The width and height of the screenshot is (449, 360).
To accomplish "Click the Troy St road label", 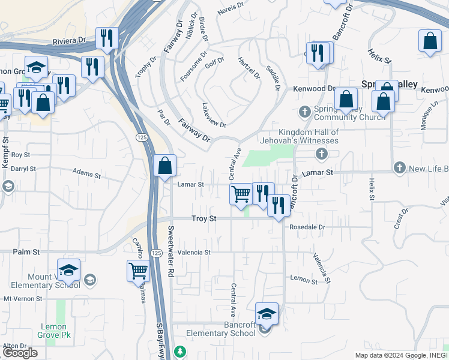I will coord(203,219).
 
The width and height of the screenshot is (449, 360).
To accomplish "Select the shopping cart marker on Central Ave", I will coord(241,194).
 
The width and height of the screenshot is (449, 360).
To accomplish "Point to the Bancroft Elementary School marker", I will coord(267,314).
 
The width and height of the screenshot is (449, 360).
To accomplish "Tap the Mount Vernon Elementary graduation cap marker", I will coord(68,270).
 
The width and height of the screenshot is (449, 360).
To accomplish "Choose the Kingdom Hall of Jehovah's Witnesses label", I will coord(309,136).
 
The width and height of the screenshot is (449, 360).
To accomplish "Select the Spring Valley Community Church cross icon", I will coord(305,111).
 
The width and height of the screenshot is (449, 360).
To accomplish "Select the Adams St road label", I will coord(86,175).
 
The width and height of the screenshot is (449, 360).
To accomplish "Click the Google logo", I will coord(20,353).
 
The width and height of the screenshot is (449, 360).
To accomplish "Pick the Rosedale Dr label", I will coord(307,227).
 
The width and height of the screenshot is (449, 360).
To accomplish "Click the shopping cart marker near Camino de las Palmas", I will coord(138,271).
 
